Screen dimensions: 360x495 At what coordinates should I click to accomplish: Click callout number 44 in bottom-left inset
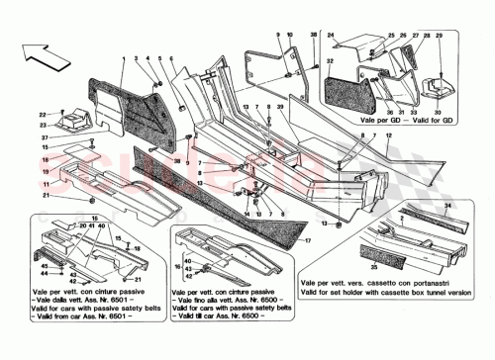coord(44,288)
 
